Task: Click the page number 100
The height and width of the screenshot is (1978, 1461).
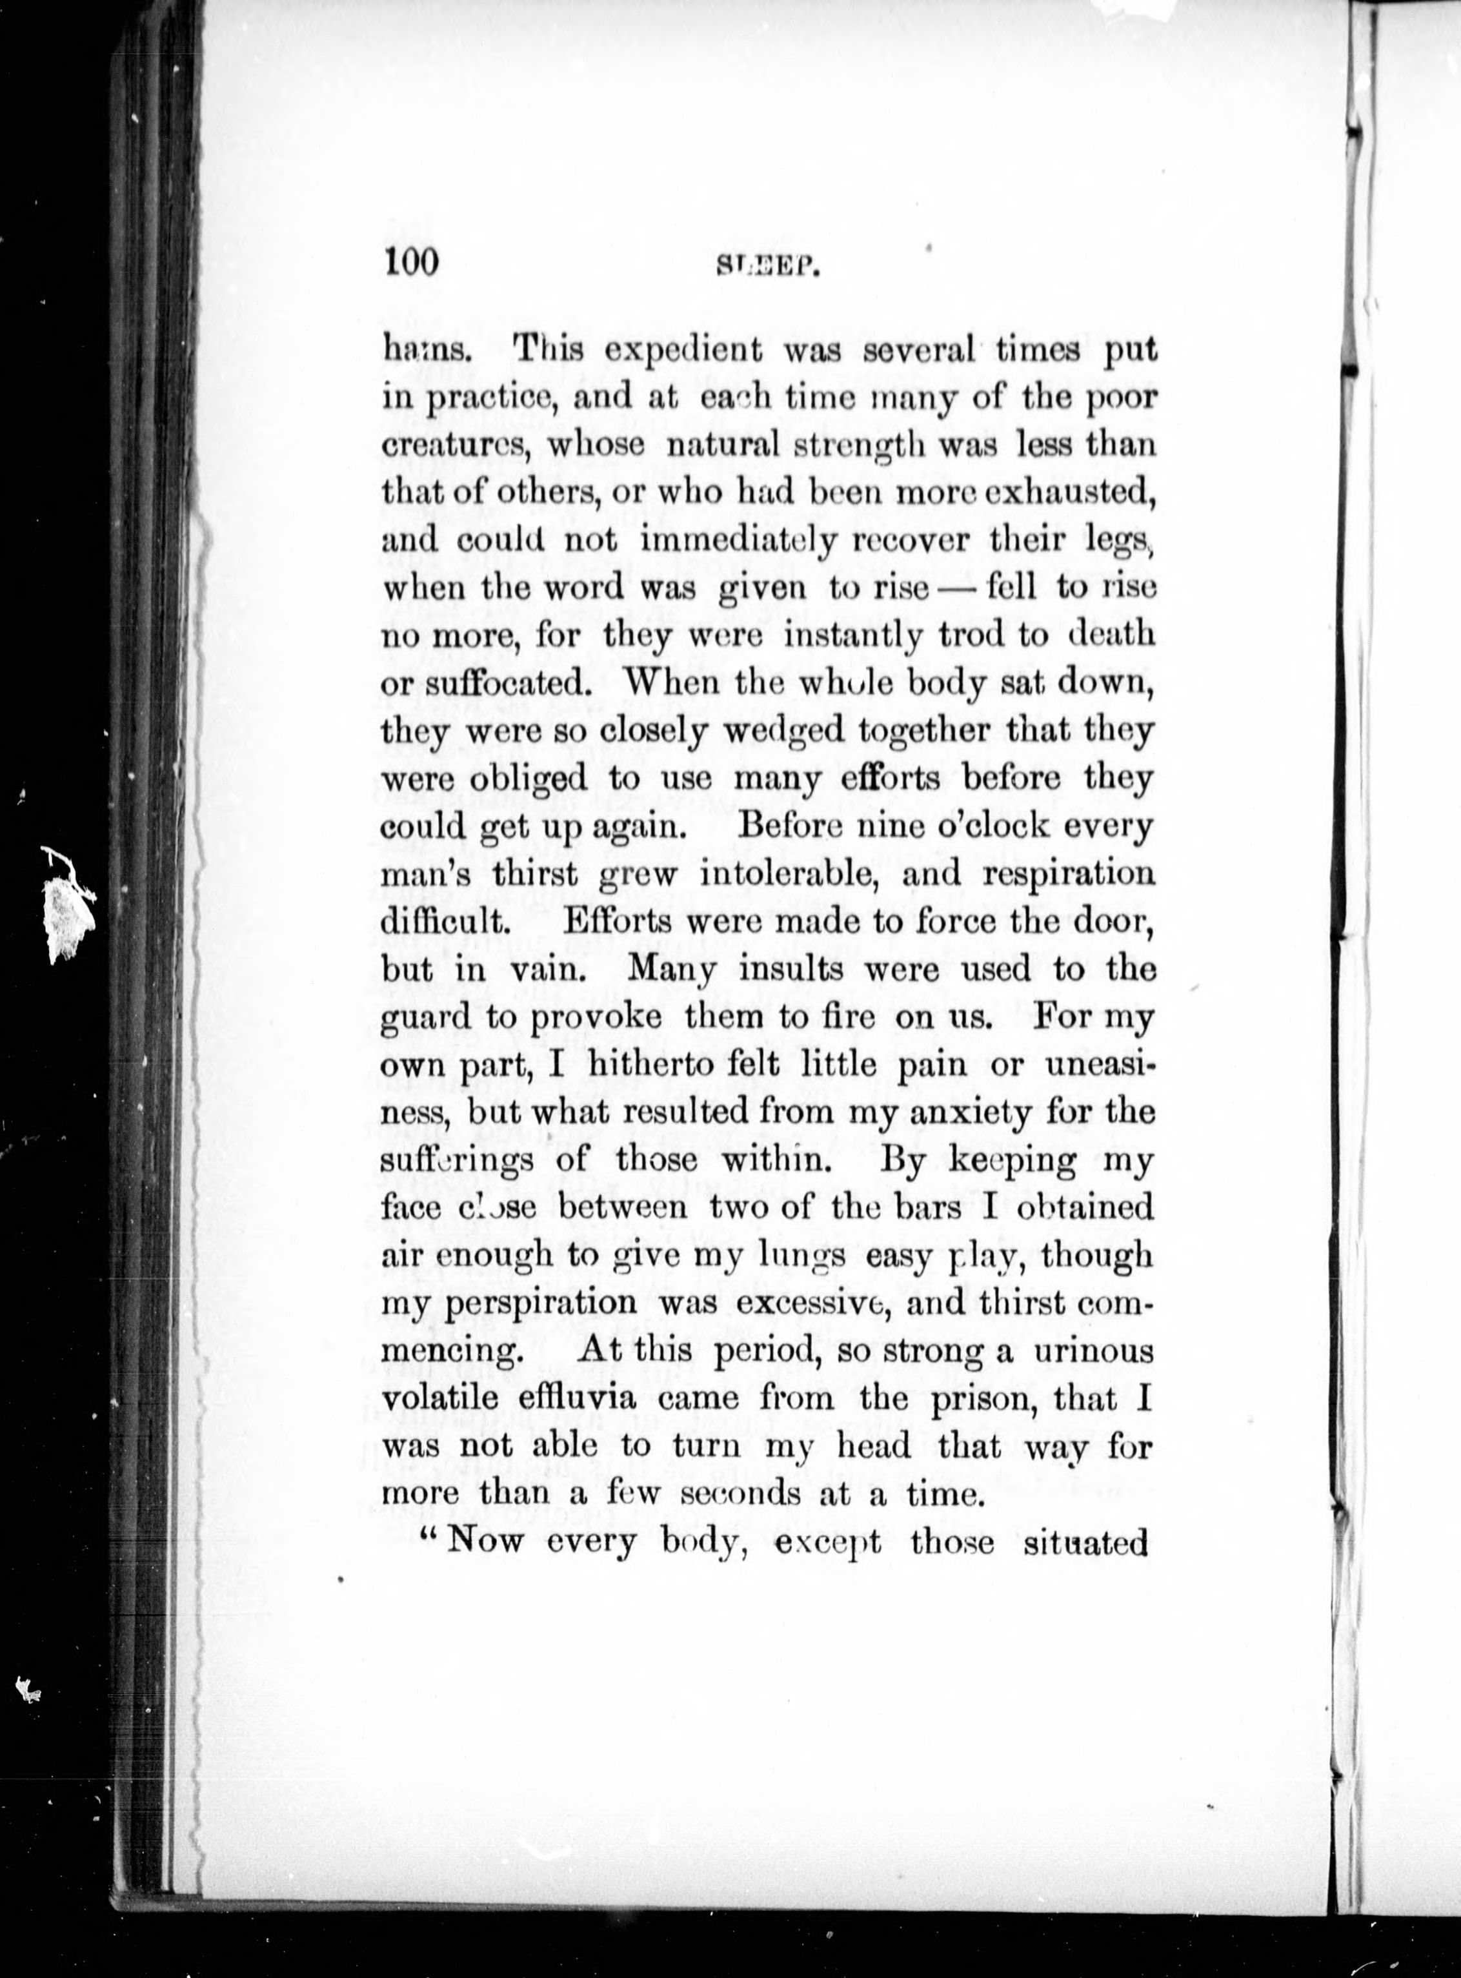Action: coord(412,263)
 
